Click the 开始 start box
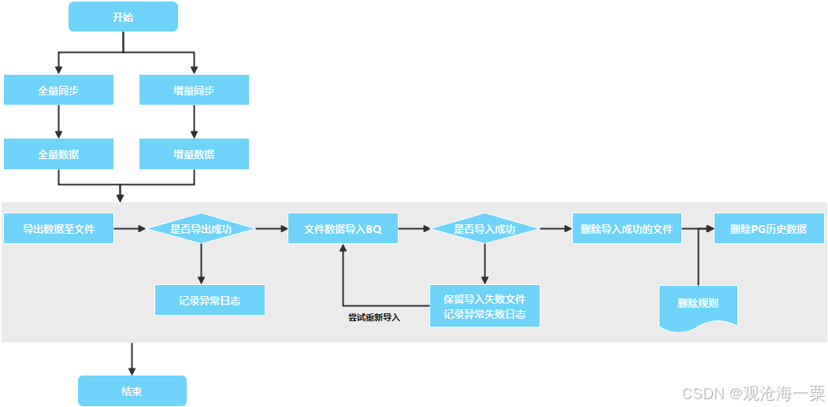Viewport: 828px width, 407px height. [x=123, y=17]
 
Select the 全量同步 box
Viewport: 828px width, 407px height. [x=58, y=90]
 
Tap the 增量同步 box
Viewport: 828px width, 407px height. [x=194, y=90]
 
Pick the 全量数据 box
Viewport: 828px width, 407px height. [x=58, y=154]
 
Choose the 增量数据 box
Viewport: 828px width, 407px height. [x=194, y=154]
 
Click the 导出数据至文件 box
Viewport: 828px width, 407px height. [x=58, y=229]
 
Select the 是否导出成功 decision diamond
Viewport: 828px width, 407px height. [x=201, y=229]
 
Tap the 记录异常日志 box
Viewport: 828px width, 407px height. [x=210, y=300]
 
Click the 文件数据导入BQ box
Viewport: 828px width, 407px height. [x=343, y=229]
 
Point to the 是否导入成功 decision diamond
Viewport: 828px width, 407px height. [x=484, y=229]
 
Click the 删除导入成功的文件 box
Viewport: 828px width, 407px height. [x=626, y=229]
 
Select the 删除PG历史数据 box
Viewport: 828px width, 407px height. [x=768, y=229]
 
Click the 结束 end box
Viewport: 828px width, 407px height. [x=132, y=391]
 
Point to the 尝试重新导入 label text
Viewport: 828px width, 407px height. [x=374, y=318]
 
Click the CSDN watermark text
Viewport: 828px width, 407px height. [x=752, y=392]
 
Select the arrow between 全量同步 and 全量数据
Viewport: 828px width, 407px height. [x=58, y=122]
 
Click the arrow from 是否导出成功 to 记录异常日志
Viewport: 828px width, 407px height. [x=201, y=264]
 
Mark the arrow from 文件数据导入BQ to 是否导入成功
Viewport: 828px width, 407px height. [x=414, y=229]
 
